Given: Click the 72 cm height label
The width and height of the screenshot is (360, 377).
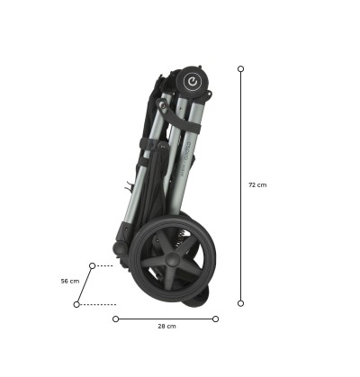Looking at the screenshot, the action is point(257,184).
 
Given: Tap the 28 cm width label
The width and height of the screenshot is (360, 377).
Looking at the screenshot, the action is point(166,326).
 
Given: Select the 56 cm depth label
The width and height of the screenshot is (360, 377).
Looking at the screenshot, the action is point(70,281).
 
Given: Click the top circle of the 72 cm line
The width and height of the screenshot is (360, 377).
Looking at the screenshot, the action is point(240,69).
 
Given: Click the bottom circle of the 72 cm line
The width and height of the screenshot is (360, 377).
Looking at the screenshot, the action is point(240,303).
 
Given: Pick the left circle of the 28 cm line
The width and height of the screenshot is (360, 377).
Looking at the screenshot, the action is point(116,319).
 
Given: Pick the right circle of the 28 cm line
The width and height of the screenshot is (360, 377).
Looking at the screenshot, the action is point(215,319).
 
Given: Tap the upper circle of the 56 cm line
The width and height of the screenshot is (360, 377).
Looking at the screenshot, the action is point(93,265).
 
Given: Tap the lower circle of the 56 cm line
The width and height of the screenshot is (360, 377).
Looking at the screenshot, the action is point(76,304).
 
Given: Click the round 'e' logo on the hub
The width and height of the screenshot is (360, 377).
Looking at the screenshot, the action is point(192,81).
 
